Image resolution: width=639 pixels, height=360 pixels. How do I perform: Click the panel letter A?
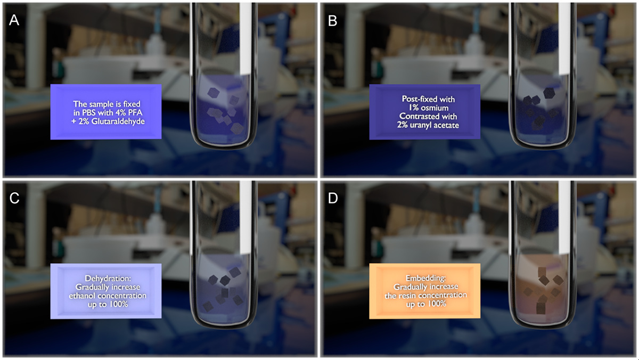[14, 20]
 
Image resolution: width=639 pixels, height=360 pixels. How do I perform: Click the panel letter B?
[333, 21]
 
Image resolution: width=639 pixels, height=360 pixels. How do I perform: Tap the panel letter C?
[14, 198]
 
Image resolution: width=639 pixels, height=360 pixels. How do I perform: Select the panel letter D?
[333, 198]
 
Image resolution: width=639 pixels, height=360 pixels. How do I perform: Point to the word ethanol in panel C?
[82, 296]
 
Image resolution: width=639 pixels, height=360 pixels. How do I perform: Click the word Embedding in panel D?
[425, 278]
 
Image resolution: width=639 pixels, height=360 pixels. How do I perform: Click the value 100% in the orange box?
[436, 304]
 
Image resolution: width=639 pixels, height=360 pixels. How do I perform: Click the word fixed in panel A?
[132, 104]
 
